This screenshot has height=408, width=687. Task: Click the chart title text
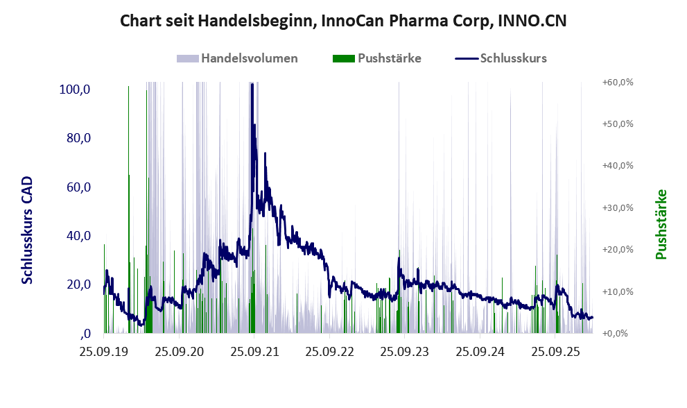tap(343, 21)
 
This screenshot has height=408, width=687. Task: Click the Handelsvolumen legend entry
tap(249, 58)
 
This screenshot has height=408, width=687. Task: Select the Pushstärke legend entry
tap(389, 58)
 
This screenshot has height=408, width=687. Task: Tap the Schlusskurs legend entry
tap(513, 58)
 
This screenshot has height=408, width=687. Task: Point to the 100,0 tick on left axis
tap(77, 90)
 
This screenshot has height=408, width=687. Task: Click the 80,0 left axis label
tap(80, 138)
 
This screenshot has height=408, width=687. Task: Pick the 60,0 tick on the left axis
tap(80, 187)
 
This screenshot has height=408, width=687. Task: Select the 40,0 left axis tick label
tap(80, 236)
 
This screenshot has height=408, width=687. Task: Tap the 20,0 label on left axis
tap(80, 284)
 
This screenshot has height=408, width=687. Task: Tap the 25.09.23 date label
tap(405, 352)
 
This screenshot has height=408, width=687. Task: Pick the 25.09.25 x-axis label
tap(556, 352)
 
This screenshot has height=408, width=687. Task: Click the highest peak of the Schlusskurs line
tap(252, 85)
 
